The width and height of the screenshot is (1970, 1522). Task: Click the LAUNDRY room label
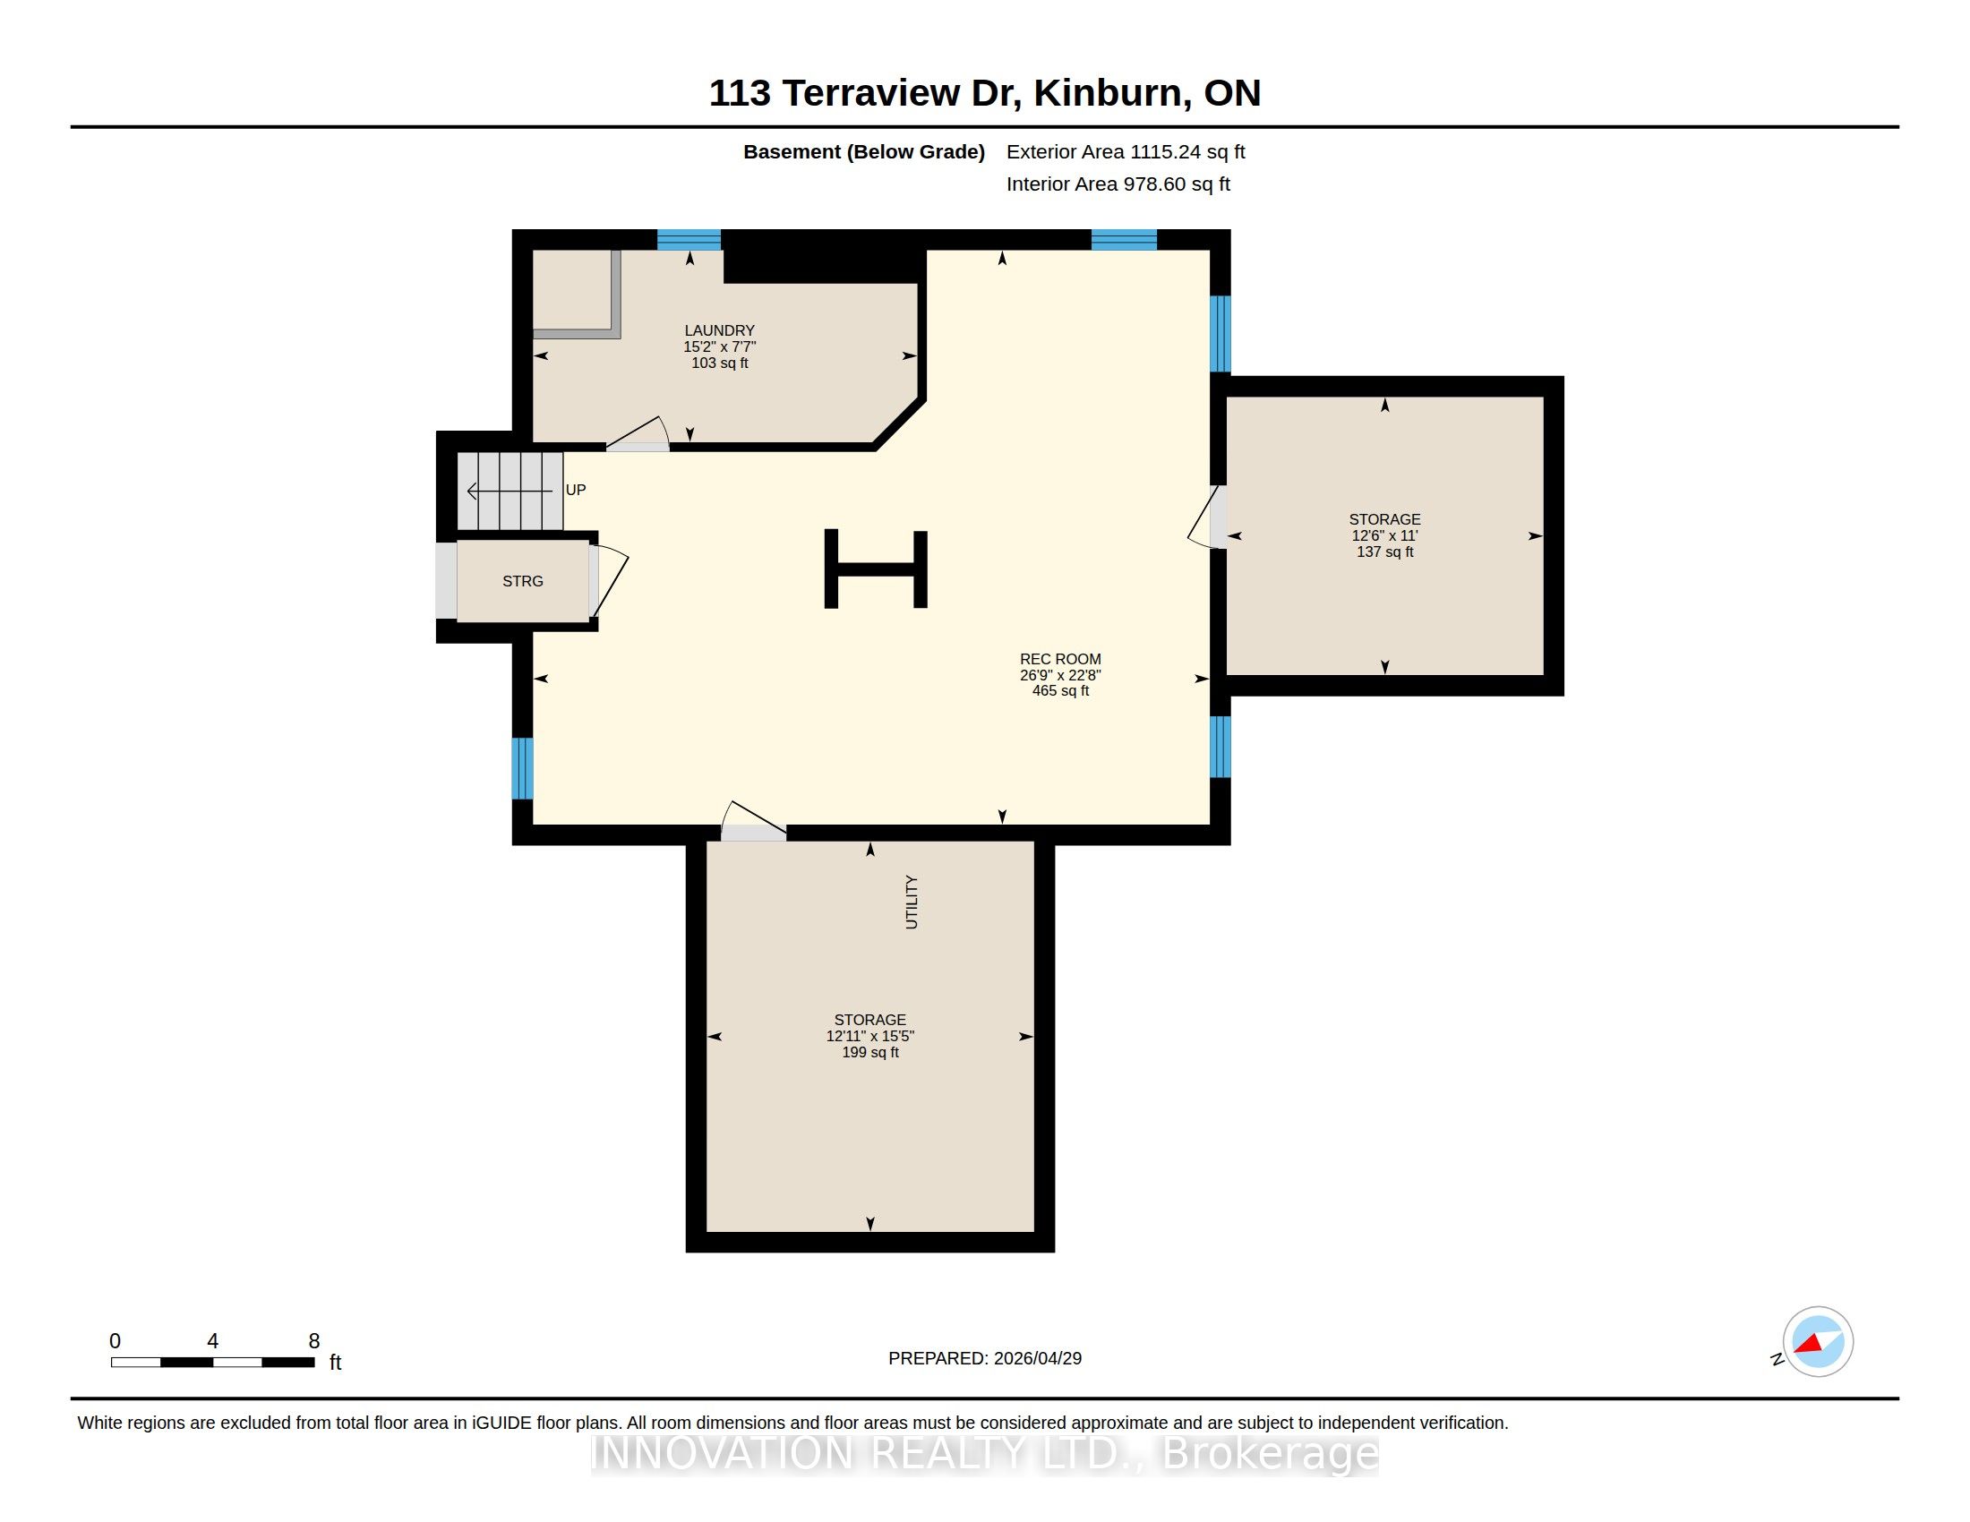tap(719, 331)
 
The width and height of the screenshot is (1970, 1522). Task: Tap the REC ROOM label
tap(1060, 659)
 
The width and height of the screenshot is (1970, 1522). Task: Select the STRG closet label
tap(522, 582)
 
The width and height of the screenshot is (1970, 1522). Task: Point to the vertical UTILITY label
tap(911, 902)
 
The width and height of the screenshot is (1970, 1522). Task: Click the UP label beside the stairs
tap(576, 490)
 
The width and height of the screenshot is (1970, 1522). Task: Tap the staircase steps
tap(510, 491)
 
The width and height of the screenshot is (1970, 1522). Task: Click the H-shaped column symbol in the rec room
tap(875, 569)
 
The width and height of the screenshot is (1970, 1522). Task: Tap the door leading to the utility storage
tap(754, 821)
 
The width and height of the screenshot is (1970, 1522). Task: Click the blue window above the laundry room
tap(689, 240)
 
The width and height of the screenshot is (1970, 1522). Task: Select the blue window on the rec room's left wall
tap(522, 768)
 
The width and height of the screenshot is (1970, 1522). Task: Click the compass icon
tap(1818, 1342)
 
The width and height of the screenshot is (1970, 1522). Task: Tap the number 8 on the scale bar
tap(314, 1341)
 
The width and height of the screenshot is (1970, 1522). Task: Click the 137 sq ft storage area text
tap(1384, 552)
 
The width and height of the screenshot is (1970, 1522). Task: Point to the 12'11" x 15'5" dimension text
tap(869, 1036)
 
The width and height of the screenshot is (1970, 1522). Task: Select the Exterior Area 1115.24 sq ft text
tap(1126, 151)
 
